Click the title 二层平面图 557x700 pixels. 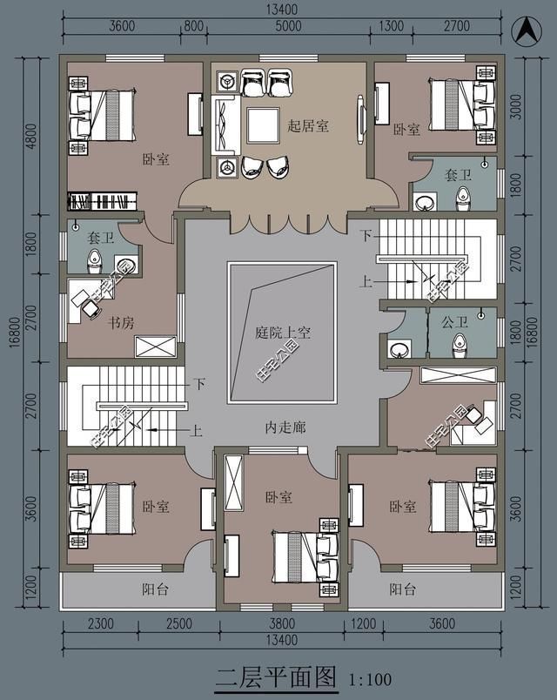point(275,676)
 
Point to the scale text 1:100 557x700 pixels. point(370,679)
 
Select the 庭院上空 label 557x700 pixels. point(283,333)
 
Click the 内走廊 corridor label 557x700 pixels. point(283,428)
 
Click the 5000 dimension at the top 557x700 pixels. point(289,25)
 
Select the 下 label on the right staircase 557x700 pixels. point(366,236)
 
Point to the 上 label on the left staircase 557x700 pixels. point(197,429)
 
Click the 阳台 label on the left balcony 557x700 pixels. point(155,589)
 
